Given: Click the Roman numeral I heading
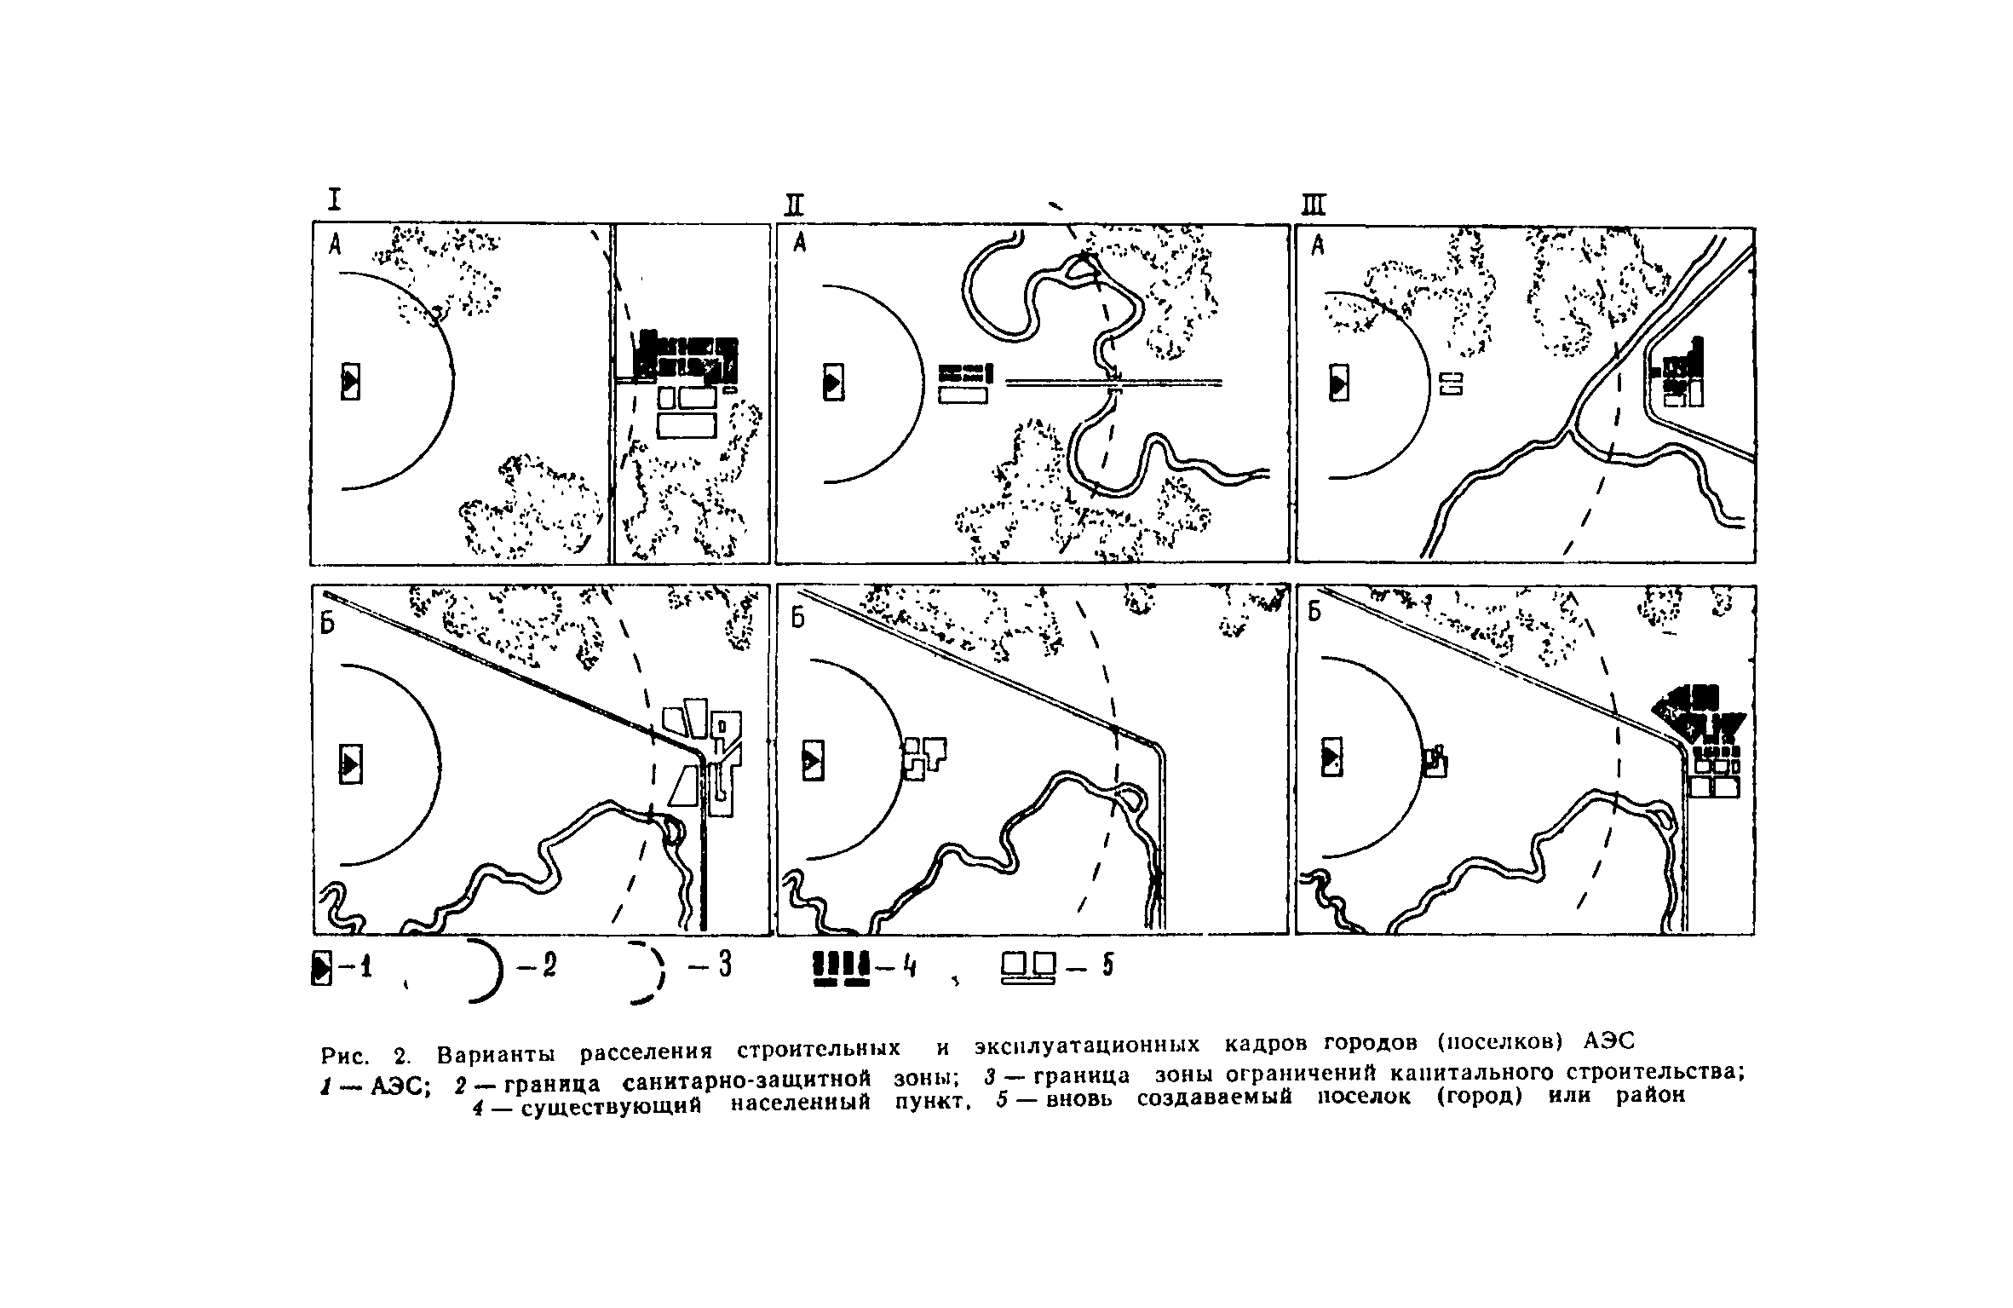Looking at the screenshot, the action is pyautogui.click(x=335, y=199).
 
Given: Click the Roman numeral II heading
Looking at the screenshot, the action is pyautogui.click(x=795, y=205).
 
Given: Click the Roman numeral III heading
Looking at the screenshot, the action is pyautogui.click(x=1315, y=205).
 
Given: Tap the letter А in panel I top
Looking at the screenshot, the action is pyautogui.click(x=336, y=245).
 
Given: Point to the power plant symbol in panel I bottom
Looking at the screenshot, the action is pyautogui.click(x=350, y=763).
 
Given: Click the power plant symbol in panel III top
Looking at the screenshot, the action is pyautogui.click(x=1339, y=382).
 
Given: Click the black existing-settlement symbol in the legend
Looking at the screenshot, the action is pyautogui.click(x=842, y=969).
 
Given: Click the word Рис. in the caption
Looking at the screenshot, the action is pyautogui.click(x=344, y=1057).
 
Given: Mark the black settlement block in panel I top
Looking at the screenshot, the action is pyautogui.click(x=688, y=356).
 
